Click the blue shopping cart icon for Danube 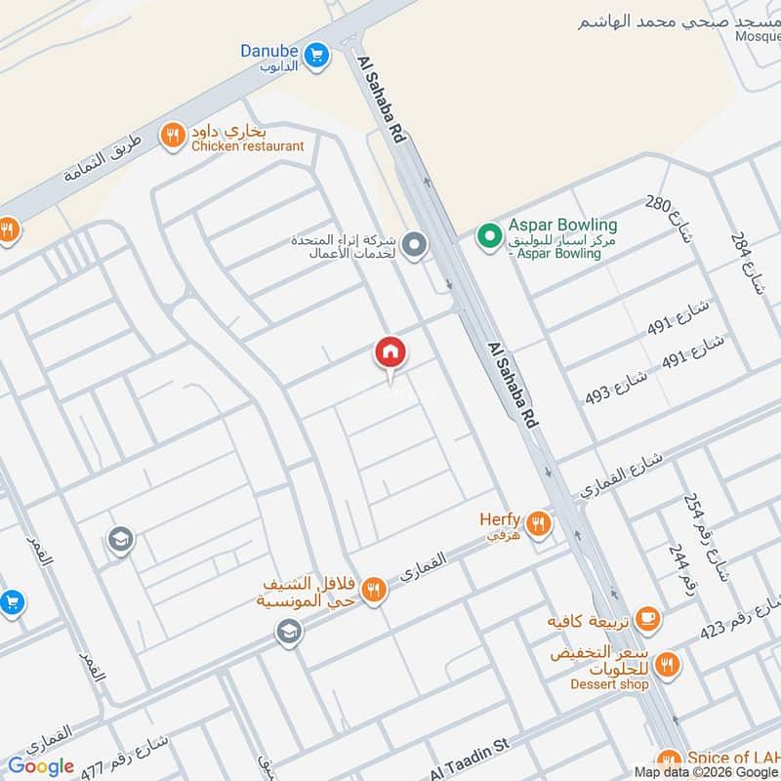click(315, 57)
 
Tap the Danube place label click(268, 51)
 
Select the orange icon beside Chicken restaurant click(173, 136)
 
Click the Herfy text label click(500, 519)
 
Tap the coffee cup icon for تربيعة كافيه click(646, 618)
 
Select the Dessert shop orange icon click(668, 664)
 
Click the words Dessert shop click(610, 683)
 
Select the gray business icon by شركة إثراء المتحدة click(414, 244)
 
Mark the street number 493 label click(596, 394)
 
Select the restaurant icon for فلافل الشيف click(372, 591)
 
